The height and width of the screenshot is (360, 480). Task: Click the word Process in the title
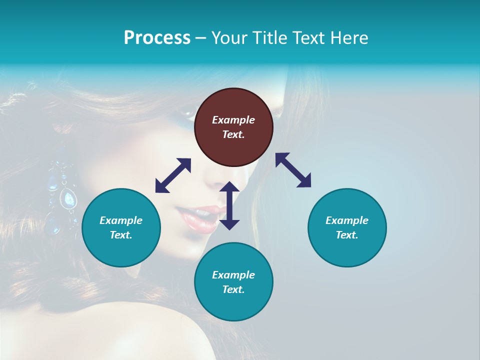pyautogui.click(x=157, y=38)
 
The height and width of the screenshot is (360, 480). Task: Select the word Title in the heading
pyautogui.click(x=268, y=38)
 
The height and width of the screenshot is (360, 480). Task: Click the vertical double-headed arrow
pyautogui.click(x=229, y=205)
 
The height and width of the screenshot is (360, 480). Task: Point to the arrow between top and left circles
pyautogui.click(x=173, y=175)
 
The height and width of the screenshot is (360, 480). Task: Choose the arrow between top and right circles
pyautogui.click(x=293, y=170)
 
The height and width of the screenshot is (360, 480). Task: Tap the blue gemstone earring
pyautogui.click(x=68, y=199)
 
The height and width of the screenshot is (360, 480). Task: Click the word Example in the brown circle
pyautogui.click(x=233, y=120)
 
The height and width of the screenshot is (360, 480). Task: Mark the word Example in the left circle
pyautogui.click(x=121, y=220)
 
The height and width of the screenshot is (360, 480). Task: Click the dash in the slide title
pyautogui.click(x=200, y=38)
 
